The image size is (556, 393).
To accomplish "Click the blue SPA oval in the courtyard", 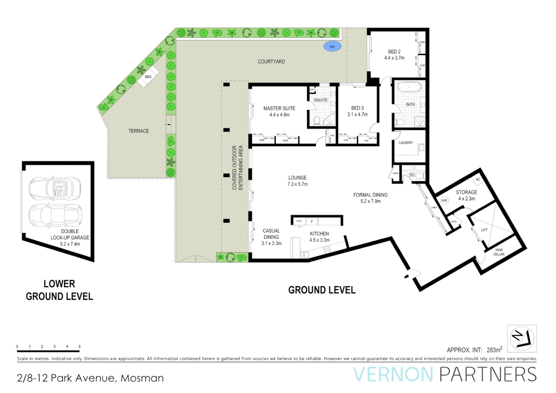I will [332, 47].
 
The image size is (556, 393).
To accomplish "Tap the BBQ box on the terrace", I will [148, 77].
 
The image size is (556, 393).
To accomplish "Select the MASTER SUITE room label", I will [279, 108].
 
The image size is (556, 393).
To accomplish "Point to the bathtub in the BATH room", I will [409, 88].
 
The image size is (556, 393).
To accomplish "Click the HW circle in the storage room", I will [444, 201].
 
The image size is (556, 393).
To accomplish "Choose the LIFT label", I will [484, 230].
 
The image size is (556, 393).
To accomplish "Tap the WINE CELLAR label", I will [499, 252].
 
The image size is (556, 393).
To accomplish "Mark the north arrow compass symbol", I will [522, 338].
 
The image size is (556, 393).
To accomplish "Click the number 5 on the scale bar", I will [79, 346].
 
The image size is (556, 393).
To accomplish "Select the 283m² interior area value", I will [495, 350].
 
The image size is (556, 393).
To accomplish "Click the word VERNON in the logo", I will [393, 375].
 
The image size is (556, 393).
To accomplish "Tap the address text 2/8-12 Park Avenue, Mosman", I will [90, 378].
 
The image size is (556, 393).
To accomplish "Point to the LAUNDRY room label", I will [406, 143].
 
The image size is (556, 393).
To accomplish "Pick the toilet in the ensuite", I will [317, 120].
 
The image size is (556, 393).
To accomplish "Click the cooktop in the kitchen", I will [327, 250].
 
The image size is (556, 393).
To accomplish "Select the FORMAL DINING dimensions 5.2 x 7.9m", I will [370, 201].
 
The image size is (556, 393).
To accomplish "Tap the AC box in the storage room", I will [478, 179].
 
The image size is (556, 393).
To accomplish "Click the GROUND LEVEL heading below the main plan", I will [322, 290].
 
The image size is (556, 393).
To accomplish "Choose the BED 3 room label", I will [357, 108].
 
